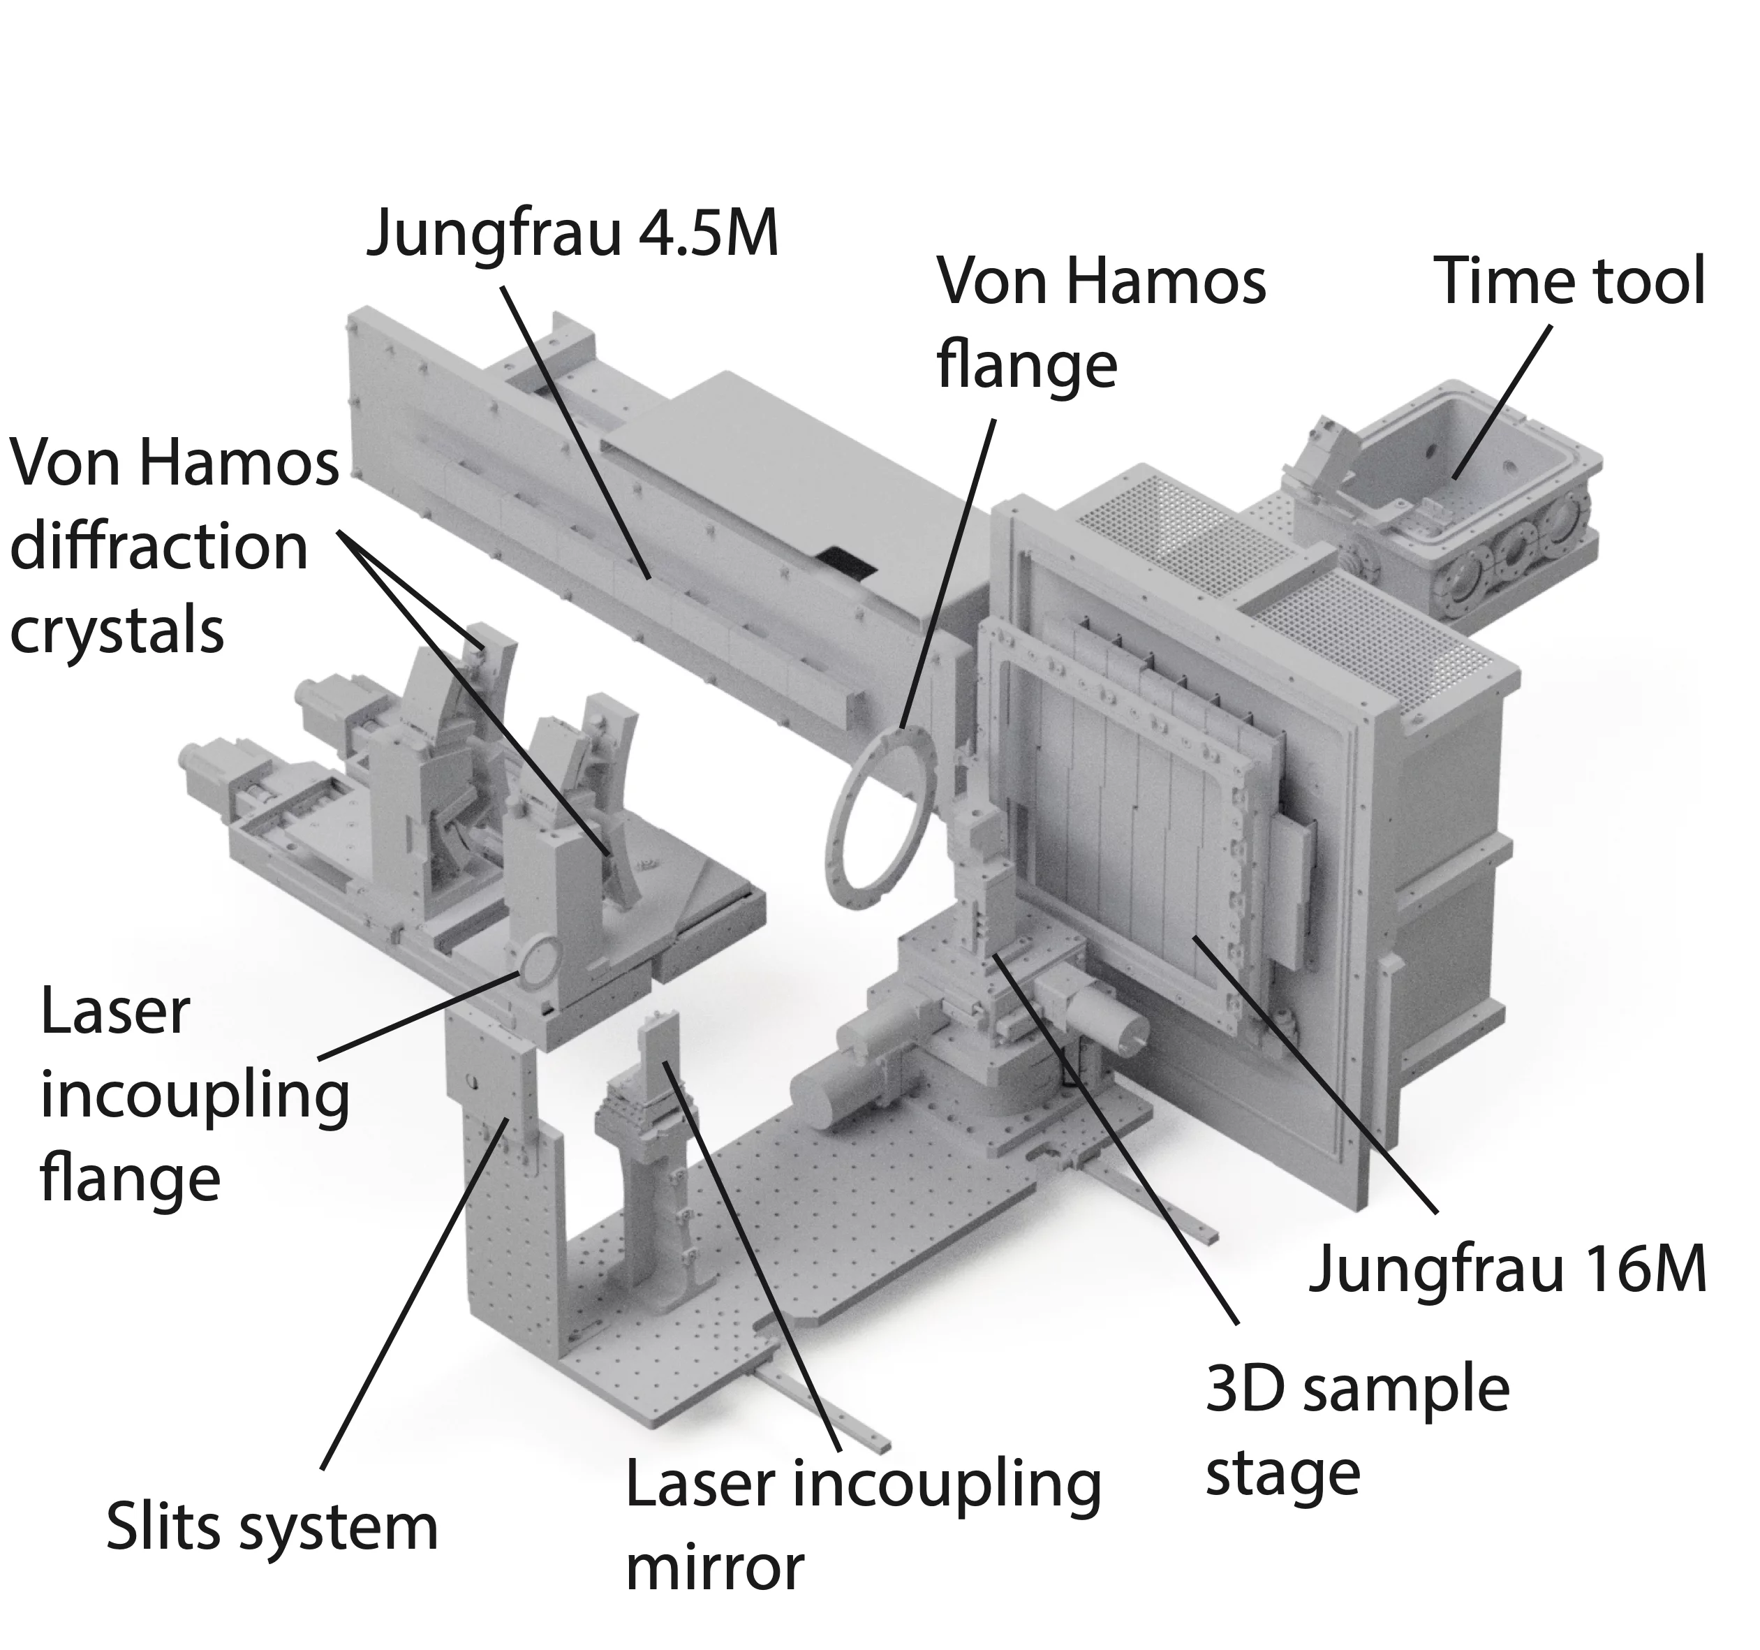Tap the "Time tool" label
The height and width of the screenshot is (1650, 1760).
[1569, 281]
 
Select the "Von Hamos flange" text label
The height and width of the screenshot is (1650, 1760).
[1100, 323]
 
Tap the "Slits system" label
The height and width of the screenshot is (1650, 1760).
[272, 1528]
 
